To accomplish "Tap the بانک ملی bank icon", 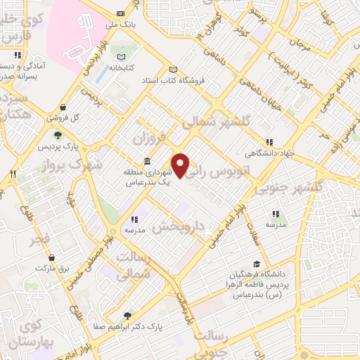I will [x=120, y=13].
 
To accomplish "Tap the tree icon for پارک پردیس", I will [x=57, y=136].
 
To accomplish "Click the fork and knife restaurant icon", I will [x=13, y=172].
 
